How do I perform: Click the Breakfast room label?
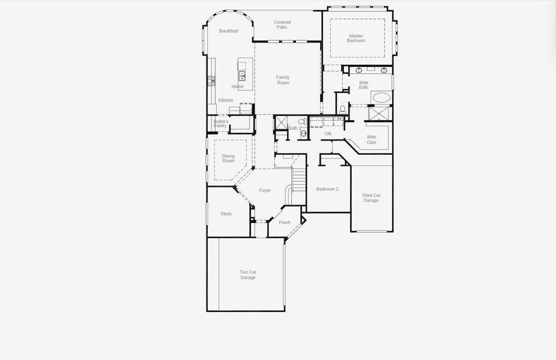coord(228,31)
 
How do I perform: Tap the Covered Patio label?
coord(282,25)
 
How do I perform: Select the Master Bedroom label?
coord(356,38)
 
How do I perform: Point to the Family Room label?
coord(283,80)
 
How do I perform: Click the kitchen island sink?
coord(241,76)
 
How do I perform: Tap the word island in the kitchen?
coord(238,86)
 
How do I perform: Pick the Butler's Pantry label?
coord(220,124)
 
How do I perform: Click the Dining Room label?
coord(228,158)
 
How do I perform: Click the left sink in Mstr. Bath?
coord(358,71)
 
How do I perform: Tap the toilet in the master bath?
coord(342,109)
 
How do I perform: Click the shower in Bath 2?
coord(281,122)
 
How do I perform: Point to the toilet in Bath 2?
coord(304,133)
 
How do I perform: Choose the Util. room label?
coord(328,133)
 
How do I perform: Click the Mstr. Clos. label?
coord(372,140)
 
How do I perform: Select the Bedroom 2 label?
coord(327,189)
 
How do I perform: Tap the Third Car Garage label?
coord(371,197)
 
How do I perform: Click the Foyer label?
coord(265,190)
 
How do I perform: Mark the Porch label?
coord(285,223)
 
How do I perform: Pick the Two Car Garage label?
coord(248,275)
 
